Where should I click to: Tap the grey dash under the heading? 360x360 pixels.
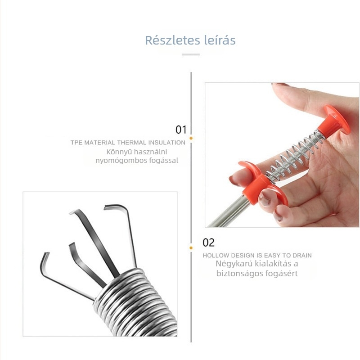191,54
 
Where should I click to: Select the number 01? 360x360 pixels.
181,130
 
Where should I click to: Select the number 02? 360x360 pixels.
208,243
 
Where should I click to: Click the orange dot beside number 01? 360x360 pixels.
191,138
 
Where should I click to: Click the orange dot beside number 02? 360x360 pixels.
191,248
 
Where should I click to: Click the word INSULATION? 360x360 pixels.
166,143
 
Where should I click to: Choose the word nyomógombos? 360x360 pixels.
121,161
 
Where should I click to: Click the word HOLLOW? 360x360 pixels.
216,256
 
